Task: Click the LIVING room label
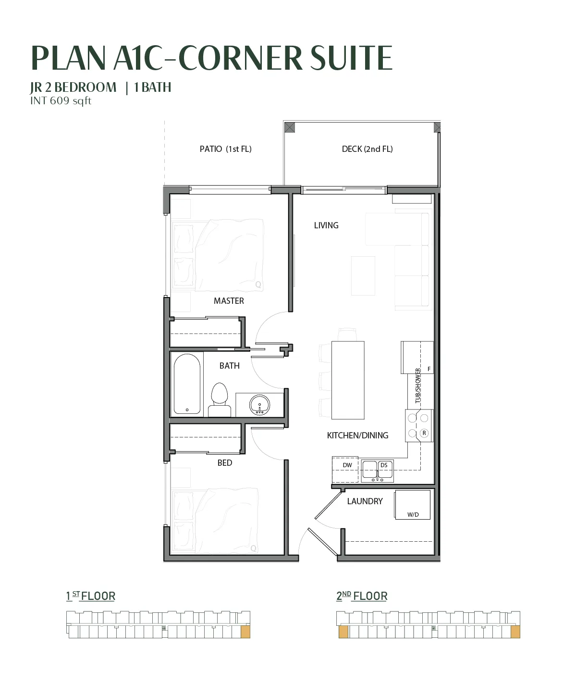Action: pos(326,225)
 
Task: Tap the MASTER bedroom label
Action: pos(229,301)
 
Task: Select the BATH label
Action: pos(229,366)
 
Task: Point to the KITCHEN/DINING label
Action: pos(357,435)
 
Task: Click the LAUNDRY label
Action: pos(365,501)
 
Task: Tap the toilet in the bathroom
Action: pos(219,400)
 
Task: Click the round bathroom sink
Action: pos(259,405)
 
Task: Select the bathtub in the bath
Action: pos(187,384)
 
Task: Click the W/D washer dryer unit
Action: pos(412,505)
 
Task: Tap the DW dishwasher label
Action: pos(347,465)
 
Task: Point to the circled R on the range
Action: pos(424,433)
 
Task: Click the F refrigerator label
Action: pos(429,369)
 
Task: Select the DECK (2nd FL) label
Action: pos(367,149)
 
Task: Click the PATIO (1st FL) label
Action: pos(225,149)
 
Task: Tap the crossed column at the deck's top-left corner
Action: pos(290,127)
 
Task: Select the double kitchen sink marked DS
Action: pos(377,471)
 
